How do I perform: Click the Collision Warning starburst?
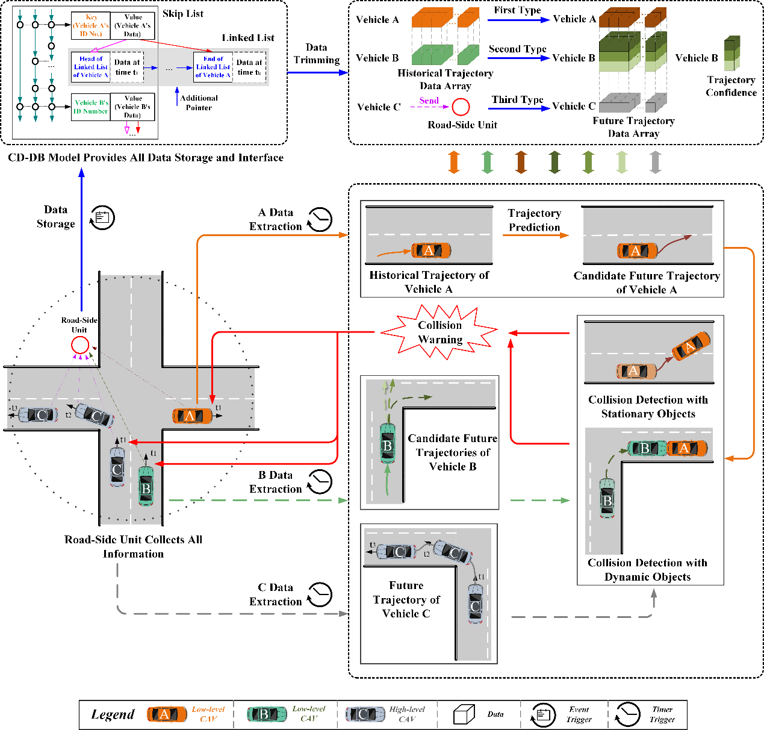440,332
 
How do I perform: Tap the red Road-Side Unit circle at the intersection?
80,345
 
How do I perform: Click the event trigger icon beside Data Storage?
102,217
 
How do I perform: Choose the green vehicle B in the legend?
267,714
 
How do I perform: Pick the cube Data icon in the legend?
464,714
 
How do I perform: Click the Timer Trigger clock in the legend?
627,714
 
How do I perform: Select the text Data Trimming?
317,54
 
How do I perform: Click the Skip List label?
183,14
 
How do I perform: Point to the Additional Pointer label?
199,102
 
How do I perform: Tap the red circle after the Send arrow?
461,107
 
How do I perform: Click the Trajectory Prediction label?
534,220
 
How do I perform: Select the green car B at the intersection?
146,486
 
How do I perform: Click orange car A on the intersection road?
192,416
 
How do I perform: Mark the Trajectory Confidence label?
731,86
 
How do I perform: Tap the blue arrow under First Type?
518,20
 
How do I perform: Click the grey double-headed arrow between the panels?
656,162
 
